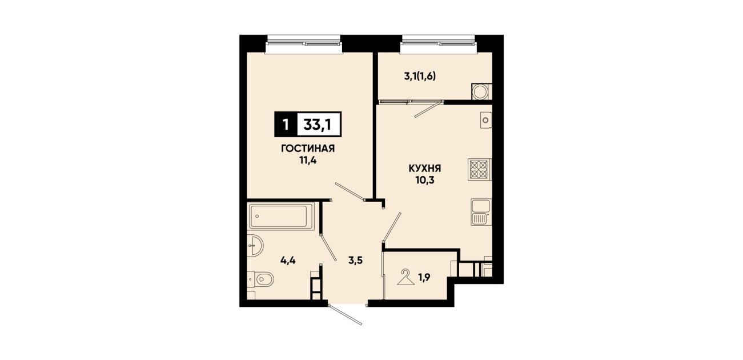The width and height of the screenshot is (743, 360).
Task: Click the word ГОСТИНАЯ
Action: tap(308, 149)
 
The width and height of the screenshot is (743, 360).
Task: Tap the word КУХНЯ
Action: tap(424, 169)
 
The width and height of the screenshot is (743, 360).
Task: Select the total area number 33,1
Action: tap(317, 125)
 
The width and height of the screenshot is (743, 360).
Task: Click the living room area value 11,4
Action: tap(308, 161)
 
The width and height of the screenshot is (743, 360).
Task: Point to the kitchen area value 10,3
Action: tap(424, 181)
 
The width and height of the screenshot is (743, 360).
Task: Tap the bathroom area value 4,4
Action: tap(288, 261)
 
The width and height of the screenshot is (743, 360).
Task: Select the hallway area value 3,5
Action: tap(355, 261)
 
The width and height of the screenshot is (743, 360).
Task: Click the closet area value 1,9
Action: tap(424, 277)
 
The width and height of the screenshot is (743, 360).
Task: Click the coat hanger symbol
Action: tap(405, 278)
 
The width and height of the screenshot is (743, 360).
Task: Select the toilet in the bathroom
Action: tap(261, 279)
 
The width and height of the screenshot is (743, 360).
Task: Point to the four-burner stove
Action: tap(479, 170)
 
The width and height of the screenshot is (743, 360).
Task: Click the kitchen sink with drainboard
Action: tap(480, 213)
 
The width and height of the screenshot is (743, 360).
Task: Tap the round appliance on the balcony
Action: tap(480, 91)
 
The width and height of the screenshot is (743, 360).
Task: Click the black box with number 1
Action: tap(286, 125)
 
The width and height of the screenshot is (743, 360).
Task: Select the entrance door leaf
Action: tap(346, 314)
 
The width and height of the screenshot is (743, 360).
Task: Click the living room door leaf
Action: tap(350, 191)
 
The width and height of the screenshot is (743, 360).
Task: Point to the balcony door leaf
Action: tap(428, 109)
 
